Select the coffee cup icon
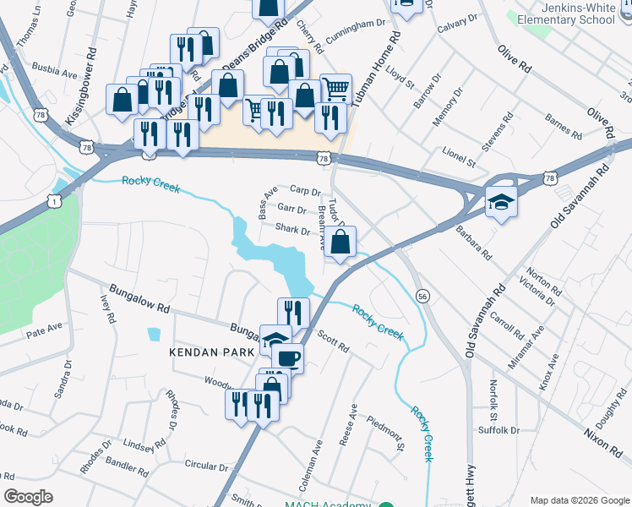pyautogui.click(x=287, y=357)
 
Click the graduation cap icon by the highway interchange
pyautogui.click(x=501, y=202)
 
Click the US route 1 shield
pyautogui.click(x=55, y=200)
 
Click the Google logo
pyautogui.click(x=28, y=497)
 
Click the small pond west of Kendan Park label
pyautogui.click(x=153, y=334)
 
